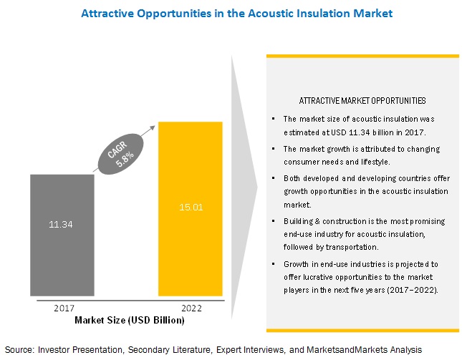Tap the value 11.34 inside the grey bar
coord(62,225)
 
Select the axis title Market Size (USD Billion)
coord(129,320)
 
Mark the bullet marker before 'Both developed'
coord(274,176)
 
